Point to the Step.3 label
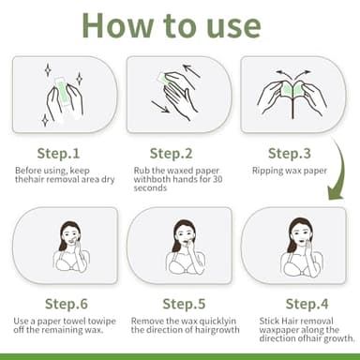(291, 153)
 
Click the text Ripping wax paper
(292, 171)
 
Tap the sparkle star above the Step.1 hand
(46, 69)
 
